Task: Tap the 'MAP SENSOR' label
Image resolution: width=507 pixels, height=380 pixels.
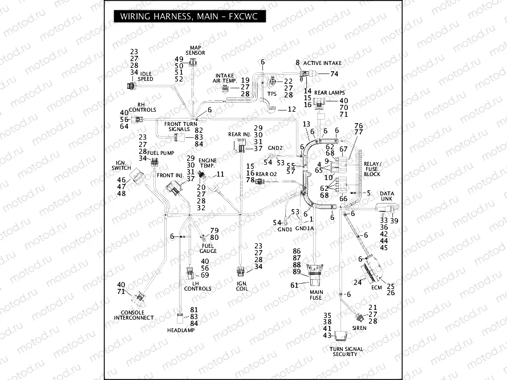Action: (195, 50)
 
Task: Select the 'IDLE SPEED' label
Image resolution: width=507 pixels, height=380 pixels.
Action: (145, 76)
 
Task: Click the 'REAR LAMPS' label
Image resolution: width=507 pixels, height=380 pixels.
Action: (328, 92)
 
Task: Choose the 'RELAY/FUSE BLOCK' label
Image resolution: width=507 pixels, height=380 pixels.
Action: (372, 169)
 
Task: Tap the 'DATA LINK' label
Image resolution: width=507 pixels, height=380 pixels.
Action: (387, 197)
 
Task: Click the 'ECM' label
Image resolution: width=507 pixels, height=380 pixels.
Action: (376, 288)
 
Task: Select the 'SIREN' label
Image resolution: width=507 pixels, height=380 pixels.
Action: (359, 329)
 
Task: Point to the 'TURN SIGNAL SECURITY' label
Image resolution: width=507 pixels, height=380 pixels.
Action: (345, 352)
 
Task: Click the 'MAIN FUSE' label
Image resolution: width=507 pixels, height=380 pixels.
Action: (315, 295)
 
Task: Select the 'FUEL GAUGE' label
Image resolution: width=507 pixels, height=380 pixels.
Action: (208, 248)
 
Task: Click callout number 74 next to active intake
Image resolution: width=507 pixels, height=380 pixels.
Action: (334, 74)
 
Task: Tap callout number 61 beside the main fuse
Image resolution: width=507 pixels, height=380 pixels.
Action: (295, 285)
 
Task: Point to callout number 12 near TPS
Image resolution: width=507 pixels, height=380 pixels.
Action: (291, 109)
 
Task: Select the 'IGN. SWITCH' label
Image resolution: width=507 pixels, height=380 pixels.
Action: (121, 165)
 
